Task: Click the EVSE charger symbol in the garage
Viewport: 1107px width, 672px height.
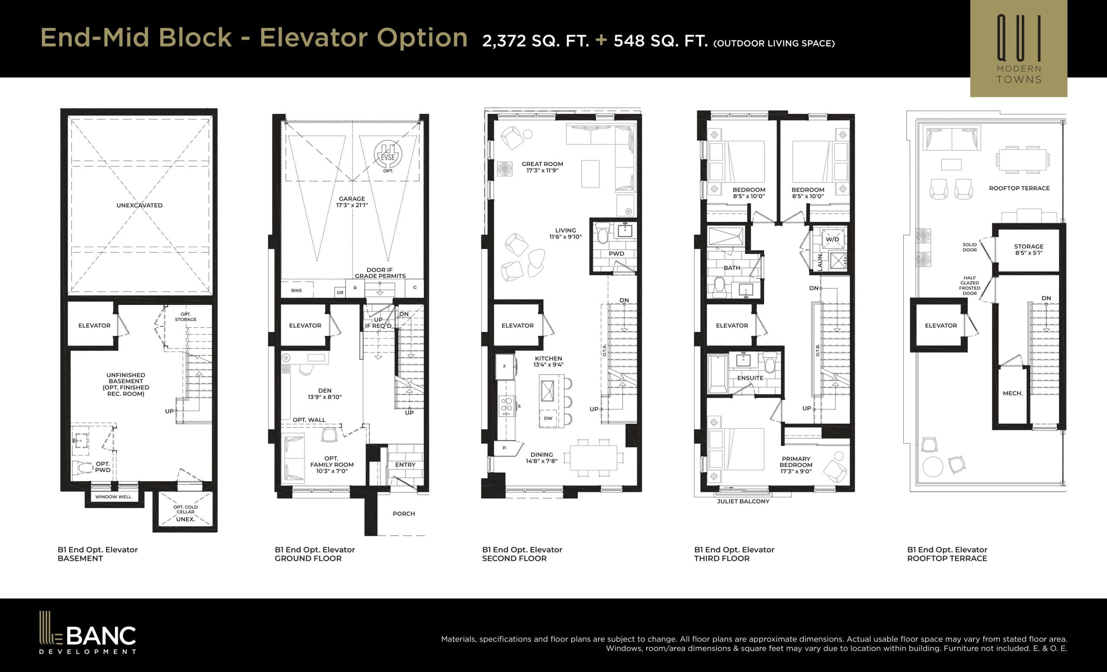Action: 388,154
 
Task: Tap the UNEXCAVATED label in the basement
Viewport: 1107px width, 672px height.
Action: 139,205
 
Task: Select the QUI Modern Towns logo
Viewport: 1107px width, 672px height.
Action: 1018,48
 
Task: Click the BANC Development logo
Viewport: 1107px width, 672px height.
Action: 87,633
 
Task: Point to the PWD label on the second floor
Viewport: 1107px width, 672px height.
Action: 616,253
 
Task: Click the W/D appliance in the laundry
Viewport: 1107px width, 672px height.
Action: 832,239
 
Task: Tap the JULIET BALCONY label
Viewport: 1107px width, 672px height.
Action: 742,501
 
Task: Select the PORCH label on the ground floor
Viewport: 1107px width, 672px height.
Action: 403,513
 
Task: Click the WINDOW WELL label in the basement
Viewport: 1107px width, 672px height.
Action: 113,497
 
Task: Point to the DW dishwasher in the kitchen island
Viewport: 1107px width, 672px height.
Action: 547,418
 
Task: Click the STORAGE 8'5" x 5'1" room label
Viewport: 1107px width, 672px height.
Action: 1028,250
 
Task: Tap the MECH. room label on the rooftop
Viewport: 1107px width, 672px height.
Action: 1012,393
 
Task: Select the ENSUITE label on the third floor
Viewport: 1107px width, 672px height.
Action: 750,378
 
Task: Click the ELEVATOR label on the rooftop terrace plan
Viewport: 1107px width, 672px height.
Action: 941,325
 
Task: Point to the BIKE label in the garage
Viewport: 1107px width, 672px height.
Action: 296,290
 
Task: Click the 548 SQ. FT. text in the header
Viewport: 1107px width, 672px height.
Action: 660,41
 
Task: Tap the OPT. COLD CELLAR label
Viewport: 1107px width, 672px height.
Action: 185,509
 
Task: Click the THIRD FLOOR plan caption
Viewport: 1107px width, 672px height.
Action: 722,558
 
